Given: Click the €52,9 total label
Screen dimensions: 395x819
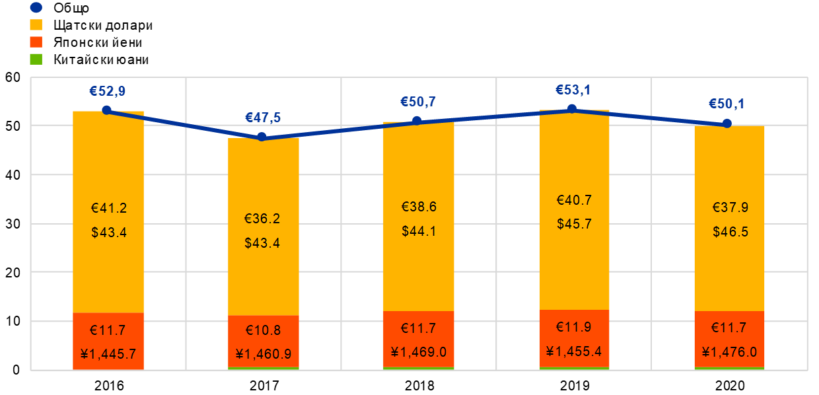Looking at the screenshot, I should click(x=108, y=92).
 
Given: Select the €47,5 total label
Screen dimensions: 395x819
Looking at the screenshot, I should click(x=263, y=118).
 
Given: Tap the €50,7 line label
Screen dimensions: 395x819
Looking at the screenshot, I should click(x=417, y=102).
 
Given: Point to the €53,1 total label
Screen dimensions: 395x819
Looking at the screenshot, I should click(x=573, y=90).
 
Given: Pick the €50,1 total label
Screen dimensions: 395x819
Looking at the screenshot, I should click(x=727, y=104).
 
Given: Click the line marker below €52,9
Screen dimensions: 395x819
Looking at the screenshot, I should click(x=107, y=110).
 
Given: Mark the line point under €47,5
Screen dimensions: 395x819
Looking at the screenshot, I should click(x=262, y=137).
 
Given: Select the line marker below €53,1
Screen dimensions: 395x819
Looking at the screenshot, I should click(x=572, y=109).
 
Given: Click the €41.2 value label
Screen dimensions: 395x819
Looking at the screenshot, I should click(x=108, y=208).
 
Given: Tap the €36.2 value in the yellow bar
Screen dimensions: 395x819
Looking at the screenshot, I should click(x=262, y=219).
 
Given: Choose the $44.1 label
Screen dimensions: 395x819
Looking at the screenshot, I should click(x=419, y=231).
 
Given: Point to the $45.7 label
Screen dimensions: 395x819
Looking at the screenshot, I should click(x=574, y=223).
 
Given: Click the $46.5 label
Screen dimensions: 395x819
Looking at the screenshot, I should click(x=730, y=232).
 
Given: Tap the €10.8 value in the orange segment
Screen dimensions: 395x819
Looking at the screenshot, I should click(x=264, y=330).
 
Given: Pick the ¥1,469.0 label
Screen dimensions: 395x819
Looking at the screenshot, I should click(x=418, y=352).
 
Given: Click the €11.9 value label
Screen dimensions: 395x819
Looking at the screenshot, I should click(x=574, y=328).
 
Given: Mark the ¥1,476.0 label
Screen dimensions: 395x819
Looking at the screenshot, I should click(x=729, y=352).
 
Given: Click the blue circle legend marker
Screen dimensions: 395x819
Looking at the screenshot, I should click(x=36, y=7).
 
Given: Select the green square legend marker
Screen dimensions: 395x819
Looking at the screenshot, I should click(x=36, y=59).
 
